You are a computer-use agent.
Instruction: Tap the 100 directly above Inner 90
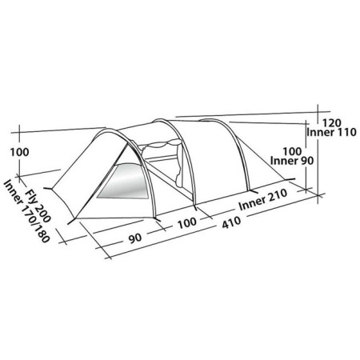(292, 150)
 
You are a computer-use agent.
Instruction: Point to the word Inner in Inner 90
(286, 161)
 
